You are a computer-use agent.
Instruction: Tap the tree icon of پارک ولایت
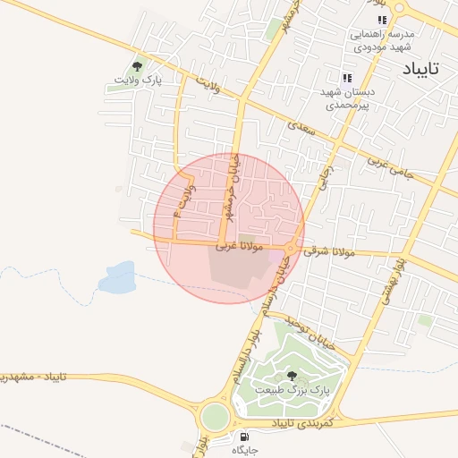pos(138,65)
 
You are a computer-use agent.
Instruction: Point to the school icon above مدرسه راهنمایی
pos(382,20)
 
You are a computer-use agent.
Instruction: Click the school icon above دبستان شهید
pos(347,78)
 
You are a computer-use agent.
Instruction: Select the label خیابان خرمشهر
pos(227,197)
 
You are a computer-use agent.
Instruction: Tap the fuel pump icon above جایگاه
pos(244,437)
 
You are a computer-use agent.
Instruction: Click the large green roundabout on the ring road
pos(215,416)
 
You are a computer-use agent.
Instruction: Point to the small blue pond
pos(117,279)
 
